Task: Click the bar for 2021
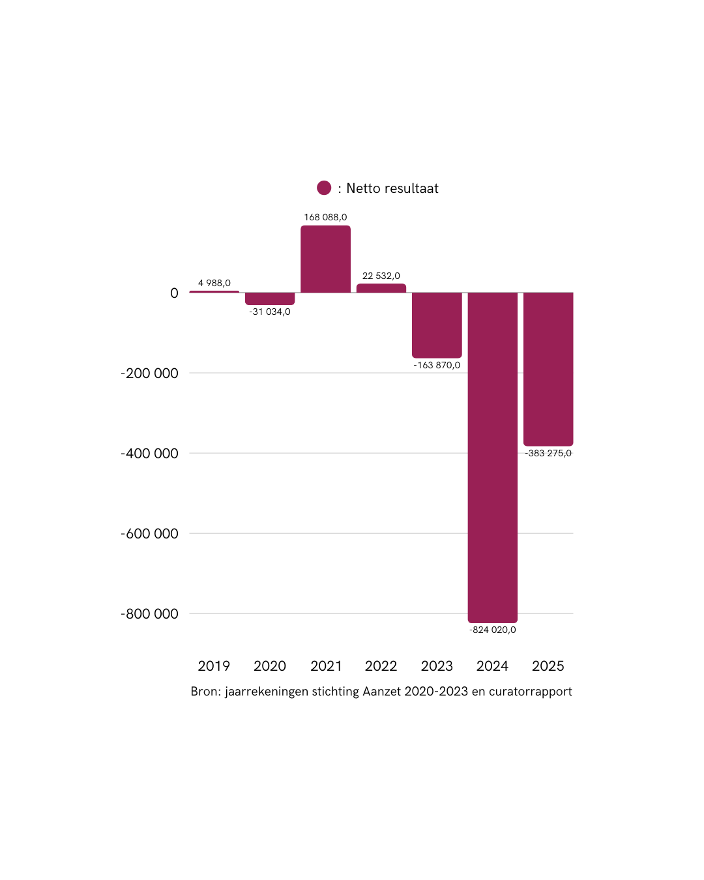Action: coord(325,259)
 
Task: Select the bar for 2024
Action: coord(492,456)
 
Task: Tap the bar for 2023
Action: coord(437,325)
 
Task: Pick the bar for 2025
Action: coord(548,369)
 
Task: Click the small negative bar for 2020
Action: coord(270,299)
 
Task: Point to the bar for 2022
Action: coord(381,288)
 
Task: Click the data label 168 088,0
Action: coord(325,217)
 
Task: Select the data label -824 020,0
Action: coord(492,630)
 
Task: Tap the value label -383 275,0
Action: coord(548,453)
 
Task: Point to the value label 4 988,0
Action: coord(214,283)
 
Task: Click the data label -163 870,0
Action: coord(437,365)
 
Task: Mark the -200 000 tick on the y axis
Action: coord(149,374)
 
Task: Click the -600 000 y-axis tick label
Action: coord(149,534)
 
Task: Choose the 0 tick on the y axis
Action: coord(174,293)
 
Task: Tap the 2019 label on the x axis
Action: coord(214,666)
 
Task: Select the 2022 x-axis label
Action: coord(381,666)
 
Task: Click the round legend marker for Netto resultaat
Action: coord(324,188)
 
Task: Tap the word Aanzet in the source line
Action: coord(381,692)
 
